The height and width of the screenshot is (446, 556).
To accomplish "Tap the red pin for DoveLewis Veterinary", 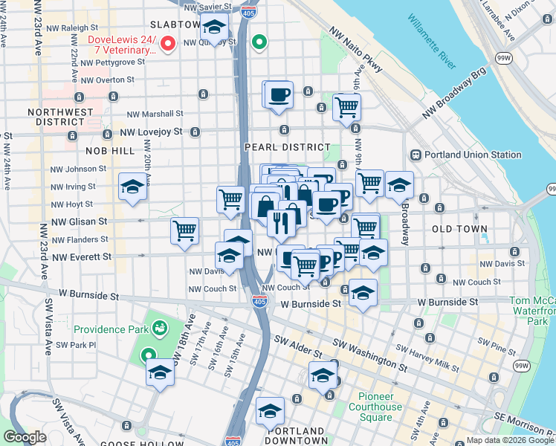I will point(168,44).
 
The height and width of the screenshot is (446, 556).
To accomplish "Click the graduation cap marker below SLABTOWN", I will point(215,29).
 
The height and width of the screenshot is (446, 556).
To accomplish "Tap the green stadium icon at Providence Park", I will point(160,328).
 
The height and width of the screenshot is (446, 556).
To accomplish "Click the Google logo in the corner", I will point(25,437).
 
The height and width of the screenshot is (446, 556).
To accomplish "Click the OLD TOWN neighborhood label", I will point(459,229).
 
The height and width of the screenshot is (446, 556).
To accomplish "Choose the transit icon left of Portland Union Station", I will point(416,155).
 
